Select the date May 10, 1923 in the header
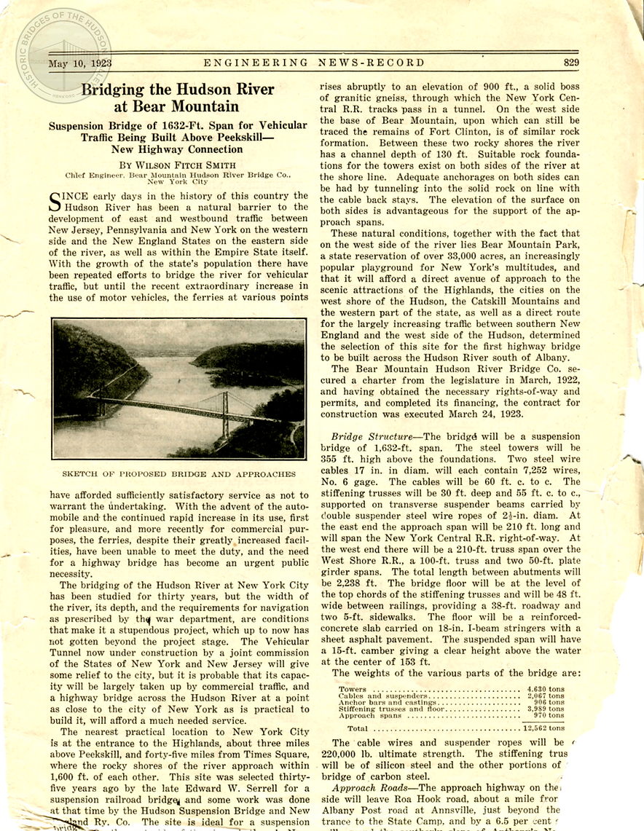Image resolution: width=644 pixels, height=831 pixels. point(80,64)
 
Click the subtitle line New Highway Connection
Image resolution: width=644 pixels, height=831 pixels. point(177,149)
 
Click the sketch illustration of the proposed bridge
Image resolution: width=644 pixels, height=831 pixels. point(178,388)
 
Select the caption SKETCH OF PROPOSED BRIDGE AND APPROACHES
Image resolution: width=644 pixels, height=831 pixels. point(178,473)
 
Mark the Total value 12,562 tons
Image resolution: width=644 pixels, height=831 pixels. point(544,727)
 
